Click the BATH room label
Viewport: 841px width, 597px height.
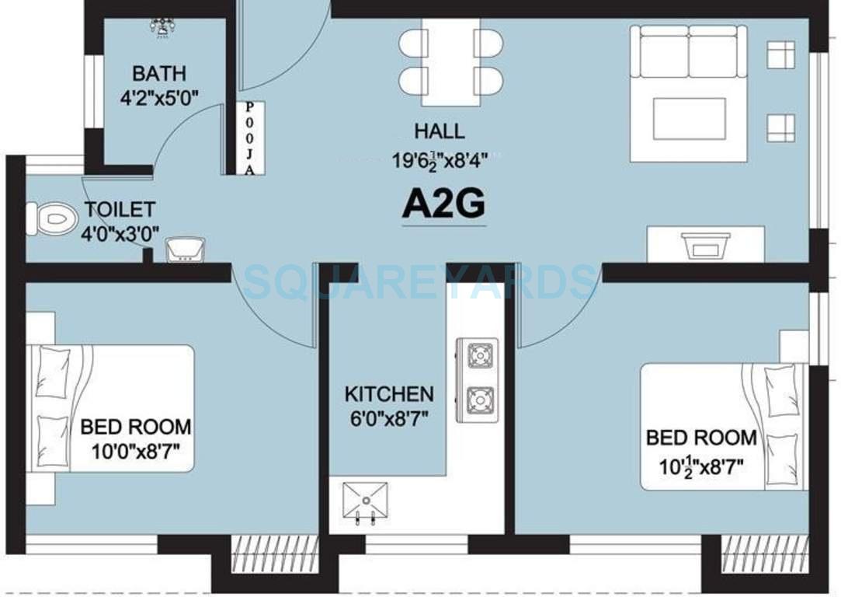pos(158,74)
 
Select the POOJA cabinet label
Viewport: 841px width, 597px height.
pos(249,138)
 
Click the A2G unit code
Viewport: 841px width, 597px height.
pos(443,205)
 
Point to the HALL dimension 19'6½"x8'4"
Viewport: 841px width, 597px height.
pos(440,160)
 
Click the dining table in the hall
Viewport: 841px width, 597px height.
pos(451,61)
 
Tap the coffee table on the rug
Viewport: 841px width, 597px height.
pos(689,118)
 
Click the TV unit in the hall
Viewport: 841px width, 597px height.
pos(705,246)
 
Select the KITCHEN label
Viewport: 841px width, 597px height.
pos(389,394)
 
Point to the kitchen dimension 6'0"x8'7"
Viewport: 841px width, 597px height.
pos(388,417)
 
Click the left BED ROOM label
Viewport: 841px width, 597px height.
pos(136,426)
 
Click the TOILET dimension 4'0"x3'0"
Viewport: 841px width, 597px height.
pos(120,231)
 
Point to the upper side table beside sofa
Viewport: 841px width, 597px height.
pos(780,55)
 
